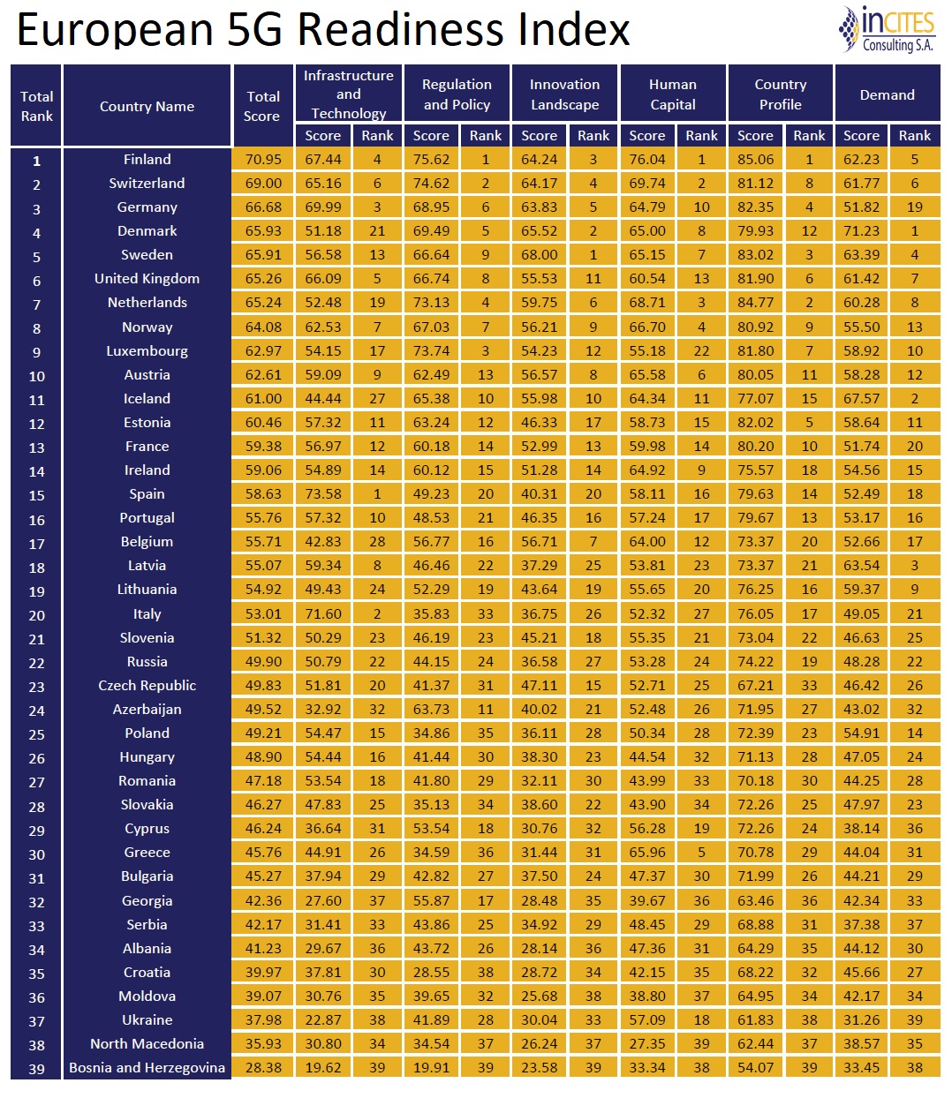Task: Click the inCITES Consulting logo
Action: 887,30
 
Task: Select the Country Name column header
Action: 147,106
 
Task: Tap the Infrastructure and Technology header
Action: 349,94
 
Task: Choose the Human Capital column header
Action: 673,94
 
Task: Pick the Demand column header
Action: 888,94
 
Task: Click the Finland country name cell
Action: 147,160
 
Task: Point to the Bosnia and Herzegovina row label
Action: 147,1067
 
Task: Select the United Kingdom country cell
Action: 147,279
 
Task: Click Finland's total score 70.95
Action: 263,160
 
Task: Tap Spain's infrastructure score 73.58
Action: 323,494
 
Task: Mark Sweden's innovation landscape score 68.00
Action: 540,255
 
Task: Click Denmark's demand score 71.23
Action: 861,231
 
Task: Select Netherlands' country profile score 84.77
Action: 755,303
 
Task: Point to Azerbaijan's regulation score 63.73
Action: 431,710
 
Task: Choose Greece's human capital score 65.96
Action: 647,853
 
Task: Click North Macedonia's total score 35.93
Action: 263,1043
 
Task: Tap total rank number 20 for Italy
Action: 36,615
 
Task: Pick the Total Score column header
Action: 263,106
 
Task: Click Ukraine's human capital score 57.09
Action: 647,1019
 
